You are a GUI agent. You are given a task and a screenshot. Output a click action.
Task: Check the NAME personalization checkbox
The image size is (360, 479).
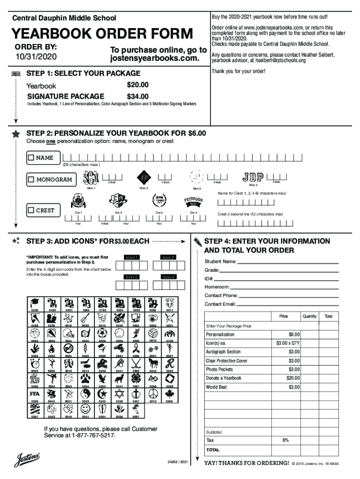click(x=31, y=158)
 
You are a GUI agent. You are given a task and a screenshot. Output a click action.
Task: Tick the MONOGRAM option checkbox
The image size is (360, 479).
click(x=31, y=180)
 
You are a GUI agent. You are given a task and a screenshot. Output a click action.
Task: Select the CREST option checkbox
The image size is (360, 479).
click(x=31, y=210)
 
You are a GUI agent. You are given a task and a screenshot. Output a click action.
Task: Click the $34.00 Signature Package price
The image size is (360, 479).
click(x=137, y=97)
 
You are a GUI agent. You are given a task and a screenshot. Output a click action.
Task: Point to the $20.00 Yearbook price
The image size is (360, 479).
click(x=137, y=85)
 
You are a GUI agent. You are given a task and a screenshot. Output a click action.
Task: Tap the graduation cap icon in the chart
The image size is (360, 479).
click(x=35, y=302)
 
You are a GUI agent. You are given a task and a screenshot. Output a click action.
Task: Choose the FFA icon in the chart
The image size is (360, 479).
click(x=35, y=394)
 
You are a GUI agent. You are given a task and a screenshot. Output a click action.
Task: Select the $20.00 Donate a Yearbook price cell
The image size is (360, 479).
click(x=293, y=378)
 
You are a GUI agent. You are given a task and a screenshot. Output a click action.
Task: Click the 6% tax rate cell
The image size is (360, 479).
click(x=285, y=440)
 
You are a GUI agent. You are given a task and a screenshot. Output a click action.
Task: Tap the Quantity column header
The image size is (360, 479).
click(x=310, y=316)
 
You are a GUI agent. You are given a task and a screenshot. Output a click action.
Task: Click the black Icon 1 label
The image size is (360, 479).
click(x=131, y=257)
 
